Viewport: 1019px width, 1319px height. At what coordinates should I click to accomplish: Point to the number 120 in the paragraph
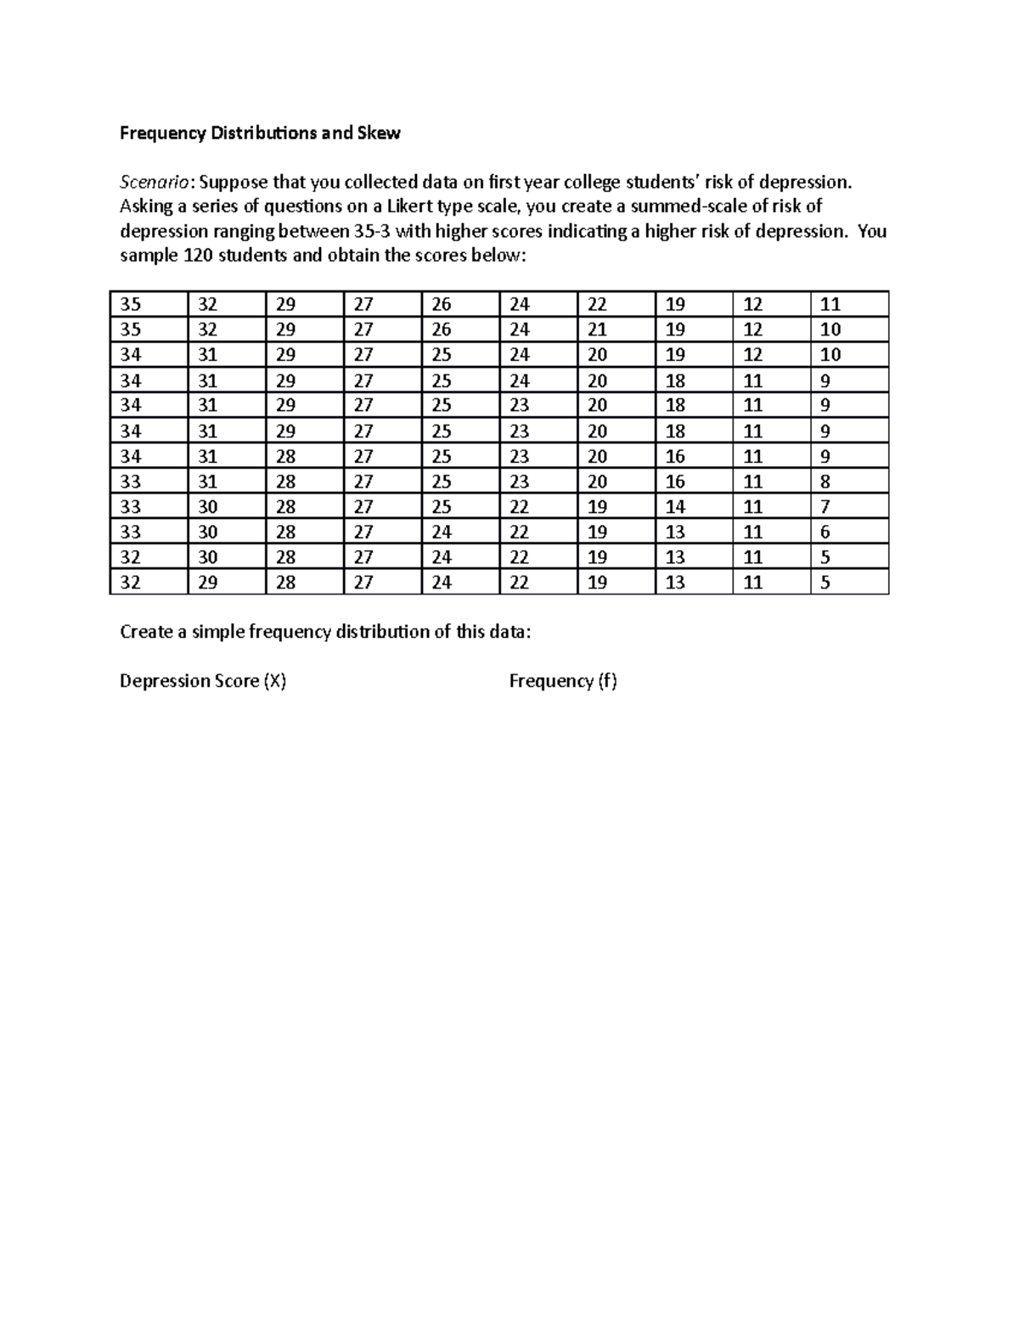pos(198,256)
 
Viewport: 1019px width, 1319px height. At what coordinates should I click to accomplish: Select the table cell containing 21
pos(597,330)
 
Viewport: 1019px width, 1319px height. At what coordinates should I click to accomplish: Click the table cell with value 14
pos(675,507)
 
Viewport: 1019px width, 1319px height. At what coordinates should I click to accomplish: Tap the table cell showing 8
pos(825,482)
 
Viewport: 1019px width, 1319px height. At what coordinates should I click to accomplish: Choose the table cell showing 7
pos(825,507)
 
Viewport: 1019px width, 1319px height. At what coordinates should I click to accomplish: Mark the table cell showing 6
pos(825,533)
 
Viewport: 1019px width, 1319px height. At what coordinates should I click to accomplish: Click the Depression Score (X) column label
pos(203,681)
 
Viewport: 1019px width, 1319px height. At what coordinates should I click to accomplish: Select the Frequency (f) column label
pos(563,681)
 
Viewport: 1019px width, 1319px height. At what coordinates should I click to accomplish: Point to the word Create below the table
pos(146,631)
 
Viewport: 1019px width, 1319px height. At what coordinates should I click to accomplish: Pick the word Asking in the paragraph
pos(146,206)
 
